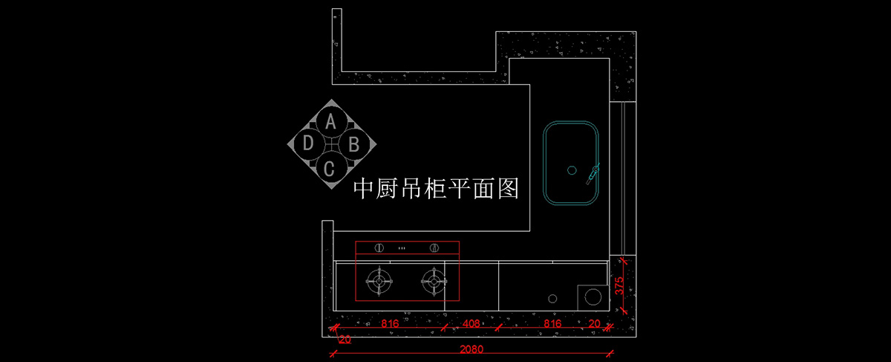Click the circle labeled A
[x=331, y=121]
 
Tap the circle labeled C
[x=331, y=167]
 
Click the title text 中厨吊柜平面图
[x=435, y=189]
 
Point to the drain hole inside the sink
[x=572, y=170]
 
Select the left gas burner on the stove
[x=379, y=281]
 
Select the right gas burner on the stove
[x=434, y=281]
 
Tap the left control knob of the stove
[x=379, y=248]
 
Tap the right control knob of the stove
[x=434, y=248]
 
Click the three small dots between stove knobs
[x=402, y=248]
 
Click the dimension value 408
[x=471, y=324]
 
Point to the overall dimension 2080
[x=471, y=349]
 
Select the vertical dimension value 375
[x=618, y=288]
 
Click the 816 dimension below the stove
[x=391, y=324]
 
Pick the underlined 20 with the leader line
[x=345, y=339]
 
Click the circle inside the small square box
[x=593, y=297]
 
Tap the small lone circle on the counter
[x=552, y=299]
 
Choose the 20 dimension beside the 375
[x=594, y=324]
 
